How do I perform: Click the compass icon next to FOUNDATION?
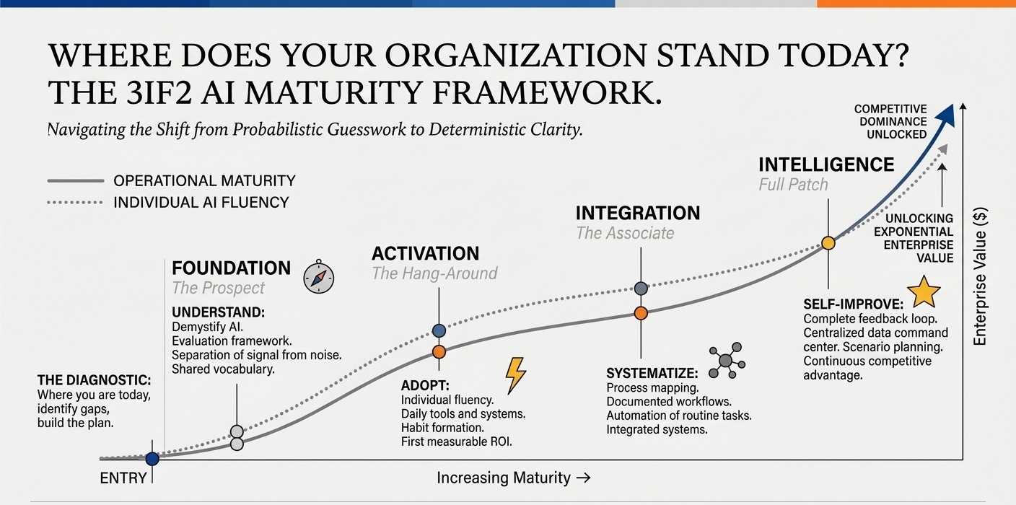tap(318, 277)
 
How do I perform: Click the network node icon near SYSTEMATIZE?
tap(726, 361)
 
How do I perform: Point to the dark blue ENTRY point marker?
tap(152, 458)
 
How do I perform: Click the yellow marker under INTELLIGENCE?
tap(828, 243)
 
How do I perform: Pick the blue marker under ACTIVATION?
tap(439, 330)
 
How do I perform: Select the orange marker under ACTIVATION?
tap(439, 352)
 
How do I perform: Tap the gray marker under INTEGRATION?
tap(641, 289)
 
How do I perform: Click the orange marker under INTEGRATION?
tap(641, 313)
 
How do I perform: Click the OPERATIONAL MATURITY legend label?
tap(204, 181)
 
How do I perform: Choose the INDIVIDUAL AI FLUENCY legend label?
tap(201, 203)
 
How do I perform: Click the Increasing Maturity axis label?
tap(513, 478)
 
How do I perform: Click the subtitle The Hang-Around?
tap(434, 273)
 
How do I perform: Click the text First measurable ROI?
tap(456, 442)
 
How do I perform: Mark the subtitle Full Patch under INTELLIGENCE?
tap(793, 185)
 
